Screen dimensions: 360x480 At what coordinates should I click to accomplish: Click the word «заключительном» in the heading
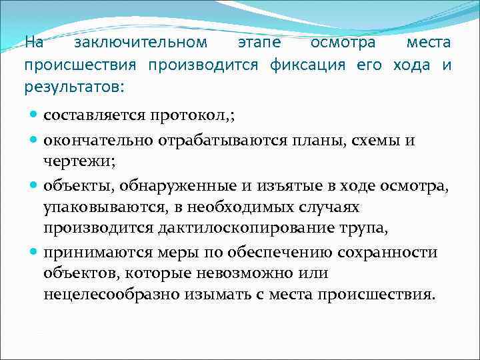click(141, 43)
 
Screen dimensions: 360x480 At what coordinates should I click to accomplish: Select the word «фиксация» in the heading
click(308, 65)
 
